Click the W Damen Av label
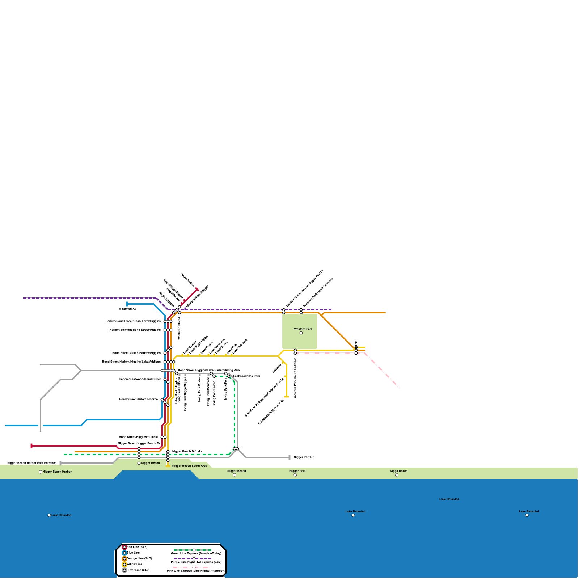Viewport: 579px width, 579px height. (x=127, y=309)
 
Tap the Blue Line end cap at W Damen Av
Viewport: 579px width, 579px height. (x=127, y=304)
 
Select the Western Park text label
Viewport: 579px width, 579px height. (x=303, y=329)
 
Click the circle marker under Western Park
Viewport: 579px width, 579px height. (x=301, y=333)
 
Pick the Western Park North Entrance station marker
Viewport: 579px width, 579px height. (x=301, y=311)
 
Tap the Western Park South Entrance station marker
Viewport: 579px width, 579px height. (x=295, y=352)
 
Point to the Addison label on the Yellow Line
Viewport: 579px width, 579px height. (x=277, y=368)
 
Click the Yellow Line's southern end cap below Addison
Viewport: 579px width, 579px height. (x=287, y=397)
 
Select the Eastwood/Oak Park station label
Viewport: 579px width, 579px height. (x=246, y=376)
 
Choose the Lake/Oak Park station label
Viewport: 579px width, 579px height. (x=240, y=346)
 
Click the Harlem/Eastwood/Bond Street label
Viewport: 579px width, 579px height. (x=140, y=379)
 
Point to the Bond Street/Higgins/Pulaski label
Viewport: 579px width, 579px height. (x=138, y=437)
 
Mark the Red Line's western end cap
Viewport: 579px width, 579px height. (x=31, y=446)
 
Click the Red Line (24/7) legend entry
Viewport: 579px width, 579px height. (x=137, y=547)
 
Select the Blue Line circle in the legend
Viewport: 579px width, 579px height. (x=124, y=553)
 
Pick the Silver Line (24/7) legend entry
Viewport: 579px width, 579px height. (x=138, y=570)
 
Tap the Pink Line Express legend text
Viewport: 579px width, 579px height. (x=196, y=571)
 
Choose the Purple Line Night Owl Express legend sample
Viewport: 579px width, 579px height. (x=193, y=559)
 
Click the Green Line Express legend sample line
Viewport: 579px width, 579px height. (x=193, y=550)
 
